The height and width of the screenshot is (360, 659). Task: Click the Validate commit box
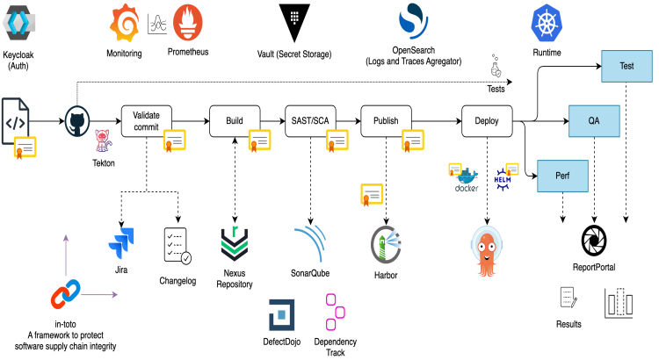(146, 121)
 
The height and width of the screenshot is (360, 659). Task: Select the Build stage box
(235, 121)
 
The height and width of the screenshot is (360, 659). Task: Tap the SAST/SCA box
(311, 121)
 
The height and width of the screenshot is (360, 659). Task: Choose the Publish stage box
(386, 121)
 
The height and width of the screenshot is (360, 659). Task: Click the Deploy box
(486, 121)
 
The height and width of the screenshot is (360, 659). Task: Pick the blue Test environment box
(626, 65)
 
